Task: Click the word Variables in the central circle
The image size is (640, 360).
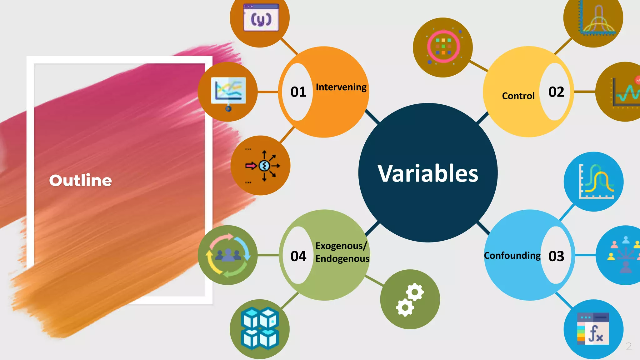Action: coord(428,173)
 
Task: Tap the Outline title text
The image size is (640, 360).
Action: coord(80,180)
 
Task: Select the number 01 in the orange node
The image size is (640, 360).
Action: coord(298,92)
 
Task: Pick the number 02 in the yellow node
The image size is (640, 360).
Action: coord(556,92)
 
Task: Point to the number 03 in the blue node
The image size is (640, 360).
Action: coord(556,256)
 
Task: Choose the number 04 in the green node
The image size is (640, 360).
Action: coord(298,256)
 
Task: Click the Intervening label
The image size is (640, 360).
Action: coord(341,87)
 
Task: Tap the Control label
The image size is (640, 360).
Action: coord(518,96)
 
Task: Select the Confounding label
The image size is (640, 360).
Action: coord(512,256)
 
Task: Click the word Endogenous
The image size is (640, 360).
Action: coord(342,259)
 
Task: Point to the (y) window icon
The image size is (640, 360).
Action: coord(261,18)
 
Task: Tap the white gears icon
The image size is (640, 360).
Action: coord(410,299)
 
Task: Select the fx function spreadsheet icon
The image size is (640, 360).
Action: coord(593,329)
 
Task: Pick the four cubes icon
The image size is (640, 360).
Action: coord(260,328)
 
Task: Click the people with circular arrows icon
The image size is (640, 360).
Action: coord(228,255)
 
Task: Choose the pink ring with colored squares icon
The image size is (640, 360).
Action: coord(443,47)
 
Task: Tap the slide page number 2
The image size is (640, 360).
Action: coord(629,346)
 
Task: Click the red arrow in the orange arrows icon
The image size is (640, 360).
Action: coord(251,166)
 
